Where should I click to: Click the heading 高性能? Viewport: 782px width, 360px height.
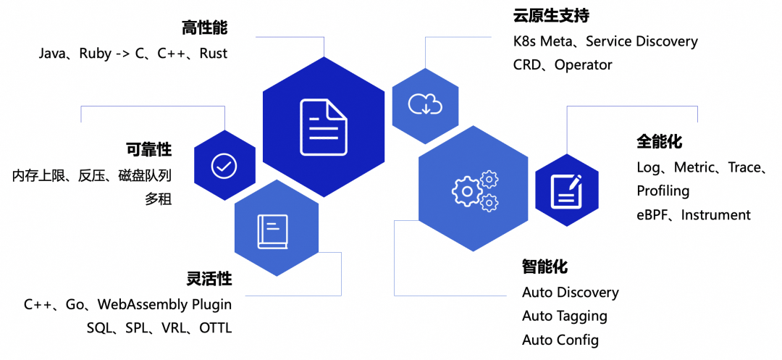[205, 28]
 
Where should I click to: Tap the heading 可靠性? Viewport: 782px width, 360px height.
[149, 150]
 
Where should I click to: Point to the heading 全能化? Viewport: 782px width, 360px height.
[660, 141]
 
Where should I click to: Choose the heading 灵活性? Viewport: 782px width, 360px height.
[209, 279]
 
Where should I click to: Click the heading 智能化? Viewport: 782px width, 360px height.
[545, 267]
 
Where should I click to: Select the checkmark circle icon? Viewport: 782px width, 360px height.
[224, 165]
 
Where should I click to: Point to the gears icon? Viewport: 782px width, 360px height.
[475, 190]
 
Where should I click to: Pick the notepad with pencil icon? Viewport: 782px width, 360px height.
[566, 191]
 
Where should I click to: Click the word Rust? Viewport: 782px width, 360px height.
[214, 54]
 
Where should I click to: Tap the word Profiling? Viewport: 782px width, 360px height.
[663, 191]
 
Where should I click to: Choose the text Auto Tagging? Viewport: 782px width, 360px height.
[565, 317]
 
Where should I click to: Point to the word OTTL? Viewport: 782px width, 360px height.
[216, 328]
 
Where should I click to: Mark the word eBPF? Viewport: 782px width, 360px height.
[653, 215]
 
